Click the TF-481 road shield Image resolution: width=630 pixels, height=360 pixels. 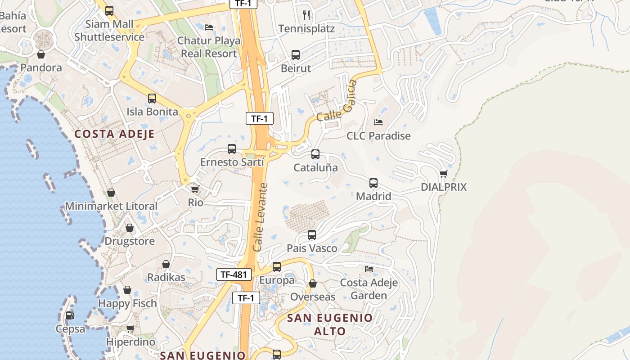234,274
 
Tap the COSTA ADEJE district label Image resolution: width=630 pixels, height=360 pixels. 114,134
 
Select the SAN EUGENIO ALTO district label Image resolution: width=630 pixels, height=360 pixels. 330,324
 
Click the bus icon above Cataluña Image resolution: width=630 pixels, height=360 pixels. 315,154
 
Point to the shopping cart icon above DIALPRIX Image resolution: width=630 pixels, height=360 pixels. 444,174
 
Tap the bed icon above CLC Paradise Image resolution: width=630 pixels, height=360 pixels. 378,122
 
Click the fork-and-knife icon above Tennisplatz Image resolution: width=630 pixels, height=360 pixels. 307,15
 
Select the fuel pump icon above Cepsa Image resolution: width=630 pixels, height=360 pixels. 70,315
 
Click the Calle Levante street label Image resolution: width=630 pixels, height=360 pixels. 260,217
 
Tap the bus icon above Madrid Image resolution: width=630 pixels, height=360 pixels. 373,183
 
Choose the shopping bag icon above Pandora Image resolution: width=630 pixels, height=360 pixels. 41,54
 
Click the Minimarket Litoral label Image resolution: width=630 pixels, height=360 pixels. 111,206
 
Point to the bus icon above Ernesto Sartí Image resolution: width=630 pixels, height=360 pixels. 232,149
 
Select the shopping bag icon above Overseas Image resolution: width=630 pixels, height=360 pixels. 313,283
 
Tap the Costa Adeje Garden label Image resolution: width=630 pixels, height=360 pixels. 369,289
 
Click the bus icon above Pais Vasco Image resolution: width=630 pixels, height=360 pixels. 312,235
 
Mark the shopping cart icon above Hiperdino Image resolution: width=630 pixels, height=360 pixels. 130,328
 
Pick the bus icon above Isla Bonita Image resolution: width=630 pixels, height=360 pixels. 152,99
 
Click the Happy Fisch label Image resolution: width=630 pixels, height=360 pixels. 127,303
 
